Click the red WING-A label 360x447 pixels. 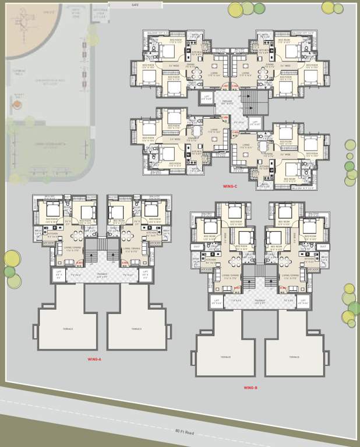[x=94, y=359]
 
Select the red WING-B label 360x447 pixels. [x=251, y=387]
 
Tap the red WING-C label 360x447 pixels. [x=230, y=186]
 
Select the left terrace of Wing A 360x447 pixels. [x=68, y=328]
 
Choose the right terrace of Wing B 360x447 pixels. [x=294, y=357]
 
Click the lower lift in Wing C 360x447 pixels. [x=255, y=124]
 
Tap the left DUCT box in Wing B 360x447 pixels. [x=196, y=246]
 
